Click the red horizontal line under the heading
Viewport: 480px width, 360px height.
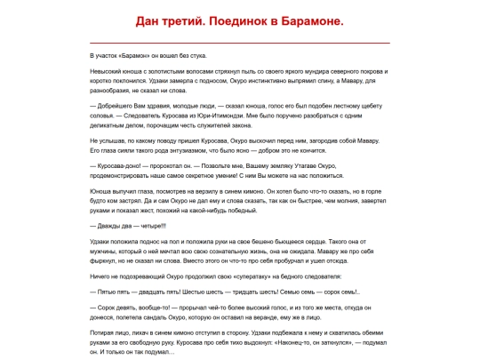tap(240, 42)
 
